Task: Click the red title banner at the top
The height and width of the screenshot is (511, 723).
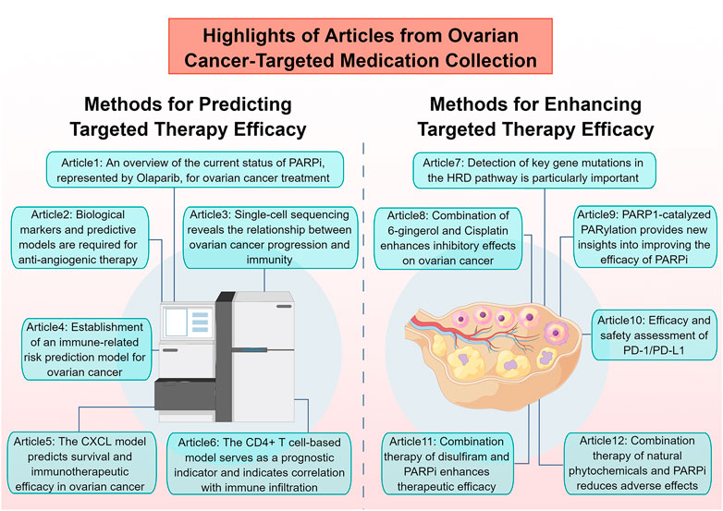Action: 361,46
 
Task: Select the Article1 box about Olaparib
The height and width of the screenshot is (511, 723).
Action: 195,170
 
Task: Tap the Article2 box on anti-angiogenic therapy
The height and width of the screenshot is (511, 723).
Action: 80,237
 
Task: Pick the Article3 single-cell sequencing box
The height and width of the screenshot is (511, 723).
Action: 270,237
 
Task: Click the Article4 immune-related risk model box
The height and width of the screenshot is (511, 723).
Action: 87,349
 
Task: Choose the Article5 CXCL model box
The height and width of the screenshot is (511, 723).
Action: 81,463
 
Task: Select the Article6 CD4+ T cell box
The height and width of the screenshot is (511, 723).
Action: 259,464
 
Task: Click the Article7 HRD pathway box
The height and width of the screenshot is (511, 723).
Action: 534,170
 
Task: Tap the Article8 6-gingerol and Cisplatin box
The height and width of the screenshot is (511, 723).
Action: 448,238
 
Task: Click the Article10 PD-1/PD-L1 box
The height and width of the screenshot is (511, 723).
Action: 655,335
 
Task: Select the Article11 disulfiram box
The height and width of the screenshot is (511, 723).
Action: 447,464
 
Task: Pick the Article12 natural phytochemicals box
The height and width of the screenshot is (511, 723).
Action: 637,463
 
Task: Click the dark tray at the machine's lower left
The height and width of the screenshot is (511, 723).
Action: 184,395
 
